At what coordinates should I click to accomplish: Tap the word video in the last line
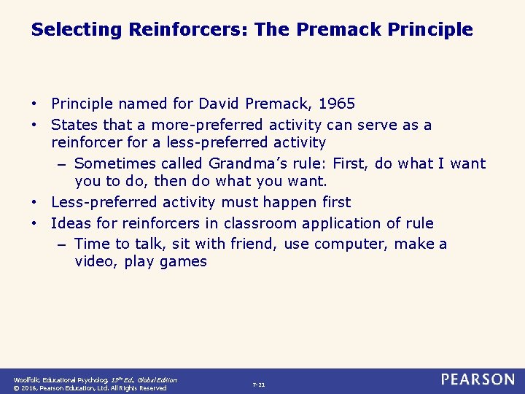[96, 262]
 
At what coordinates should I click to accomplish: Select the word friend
[254, 244]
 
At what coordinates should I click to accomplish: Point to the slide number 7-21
[258, 385]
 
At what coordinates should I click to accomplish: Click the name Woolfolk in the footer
[27, 379]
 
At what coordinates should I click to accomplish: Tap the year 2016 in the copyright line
[32, 388]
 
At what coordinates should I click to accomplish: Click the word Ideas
[70, 223]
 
